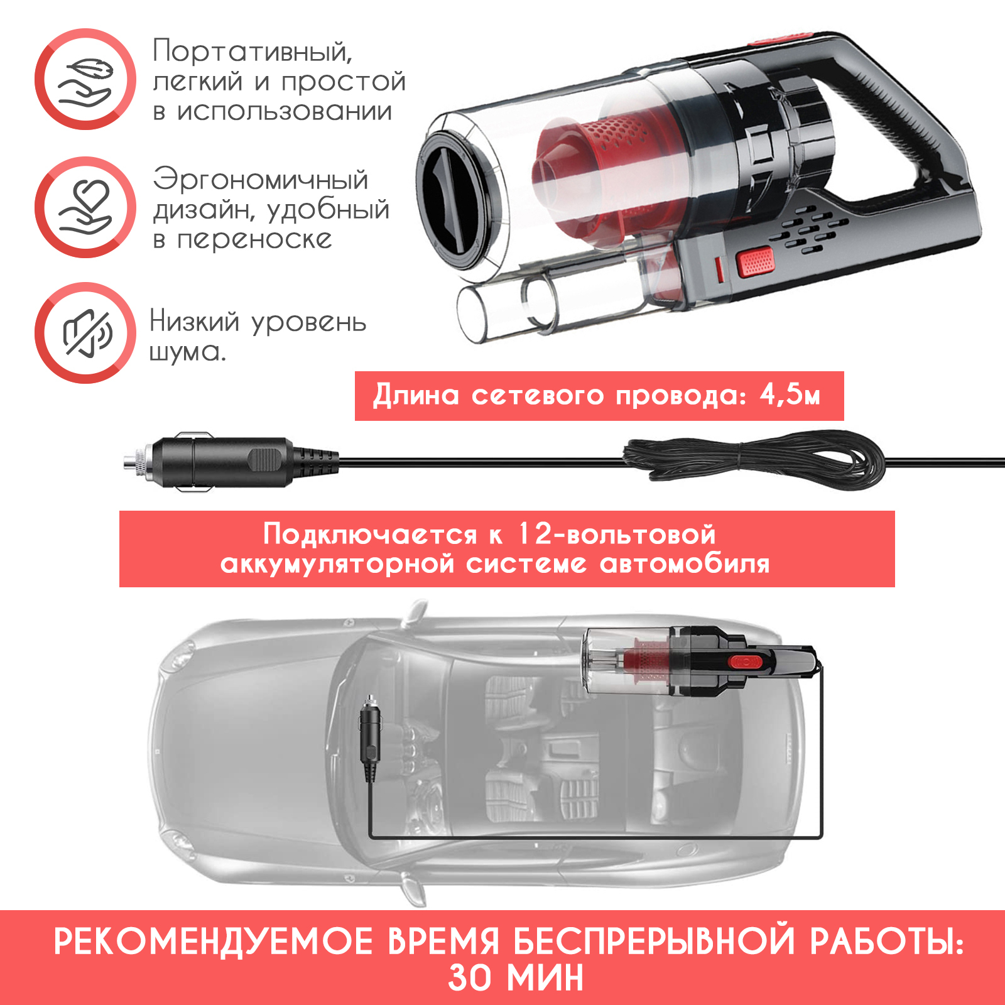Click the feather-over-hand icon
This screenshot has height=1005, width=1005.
click(85, 80)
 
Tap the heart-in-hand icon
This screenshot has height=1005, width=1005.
click(85, 207)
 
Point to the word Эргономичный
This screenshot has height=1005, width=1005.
click(261, 180)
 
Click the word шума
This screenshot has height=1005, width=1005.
click(187, 352)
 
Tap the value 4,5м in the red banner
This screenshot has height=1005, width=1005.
click(790, 396)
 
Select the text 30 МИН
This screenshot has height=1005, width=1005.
click(516, 978)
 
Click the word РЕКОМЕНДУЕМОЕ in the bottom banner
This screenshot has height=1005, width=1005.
click(213, 942)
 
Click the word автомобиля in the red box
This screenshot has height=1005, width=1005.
click(685, 564)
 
